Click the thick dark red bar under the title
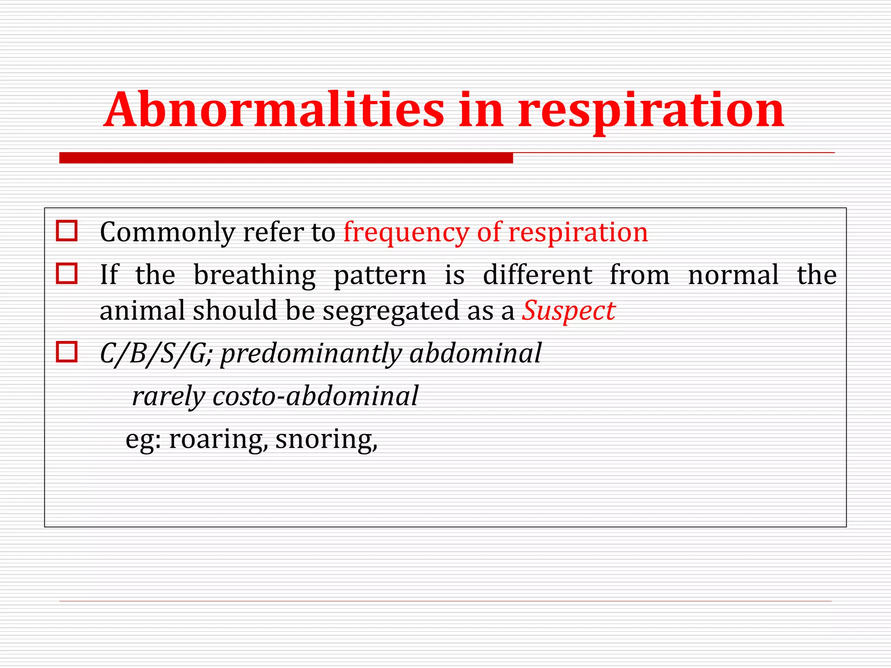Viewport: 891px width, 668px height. coord(286,158)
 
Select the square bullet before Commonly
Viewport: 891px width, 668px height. coord(67,230)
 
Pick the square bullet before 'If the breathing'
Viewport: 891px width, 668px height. coord(67,274)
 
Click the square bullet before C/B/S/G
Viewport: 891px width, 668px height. coord(67,352)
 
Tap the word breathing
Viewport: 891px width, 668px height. coord(255,276)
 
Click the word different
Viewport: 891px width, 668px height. coord(537,275)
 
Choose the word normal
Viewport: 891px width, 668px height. coord(733,275)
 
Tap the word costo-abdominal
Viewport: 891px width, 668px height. coord(315,396)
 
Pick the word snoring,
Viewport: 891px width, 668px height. coord(326,440)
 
